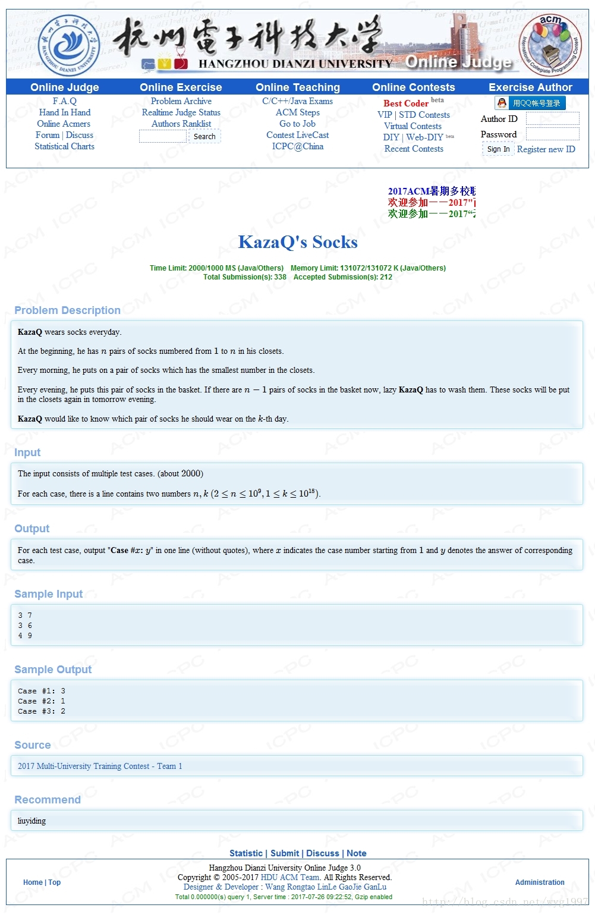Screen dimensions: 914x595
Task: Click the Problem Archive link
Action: click(x=181, y=101)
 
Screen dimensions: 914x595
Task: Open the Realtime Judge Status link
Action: click(x=181, y=112)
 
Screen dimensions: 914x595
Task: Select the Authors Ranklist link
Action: click(x=181, y=124)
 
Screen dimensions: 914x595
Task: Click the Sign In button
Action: click(x=498, y=149)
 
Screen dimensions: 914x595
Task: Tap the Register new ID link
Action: click(x=546, y=149)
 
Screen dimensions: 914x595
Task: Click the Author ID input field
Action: click(x=552, y=119)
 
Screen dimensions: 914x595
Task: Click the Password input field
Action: click(x=552, y=134)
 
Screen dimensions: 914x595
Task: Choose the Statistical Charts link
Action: click(x=64, y=146)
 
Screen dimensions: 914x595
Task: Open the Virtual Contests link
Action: click(x=413, y=126)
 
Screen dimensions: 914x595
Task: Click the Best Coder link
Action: click(x=406, y=103)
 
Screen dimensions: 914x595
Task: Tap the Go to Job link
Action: click(x=297, y=124)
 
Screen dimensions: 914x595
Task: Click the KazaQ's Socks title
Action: click(x=298, y=242)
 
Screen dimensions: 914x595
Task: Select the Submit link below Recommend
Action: click(x=285, y=853)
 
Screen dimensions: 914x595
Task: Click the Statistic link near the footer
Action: click(x=246, y=853)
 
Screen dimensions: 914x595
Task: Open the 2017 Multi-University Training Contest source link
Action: click(x=100, y=766)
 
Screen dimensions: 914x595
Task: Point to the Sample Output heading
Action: click(x=53, y=670)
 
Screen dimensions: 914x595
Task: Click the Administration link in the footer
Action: click(x=540, y=882)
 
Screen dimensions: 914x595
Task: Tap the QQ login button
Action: click(x=530, y=103)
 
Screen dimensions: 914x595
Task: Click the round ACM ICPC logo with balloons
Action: click(x=550, y=46)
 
